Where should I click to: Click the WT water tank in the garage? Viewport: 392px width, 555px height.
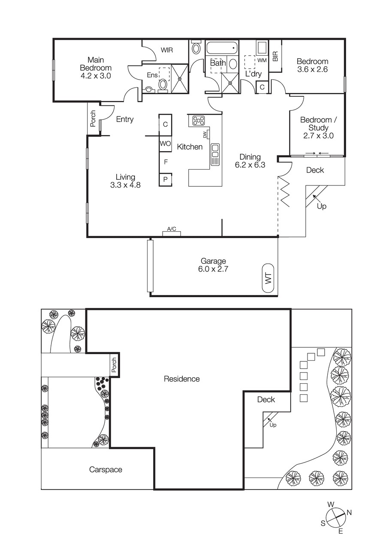[x=268, y=279]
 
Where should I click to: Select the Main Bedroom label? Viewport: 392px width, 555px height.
[x=96, y=68]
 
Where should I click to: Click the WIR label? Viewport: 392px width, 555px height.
[x=167, y=50]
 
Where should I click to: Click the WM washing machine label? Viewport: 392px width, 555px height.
[x=262, y=60]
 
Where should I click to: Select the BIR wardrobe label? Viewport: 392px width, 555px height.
[x=275, y=56]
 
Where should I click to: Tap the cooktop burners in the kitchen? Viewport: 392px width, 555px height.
[x=198, y=120]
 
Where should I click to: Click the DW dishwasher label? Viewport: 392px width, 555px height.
[x=205, y=134]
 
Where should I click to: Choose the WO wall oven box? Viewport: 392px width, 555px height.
[x=166, y=143]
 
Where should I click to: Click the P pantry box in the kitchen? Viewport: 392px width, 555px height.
[x=165, y=179]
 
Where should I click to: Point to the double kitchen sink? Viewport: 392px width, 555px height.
[x=215, y=151]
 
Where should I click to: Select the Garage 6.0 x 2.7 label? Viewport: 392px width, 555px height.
[x=213, y=265]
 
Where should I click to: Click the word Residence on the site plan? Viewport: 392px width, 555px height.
[x=182, y=379]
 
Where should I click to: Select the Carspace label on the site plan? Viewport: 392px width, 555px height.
[x=106, y=469]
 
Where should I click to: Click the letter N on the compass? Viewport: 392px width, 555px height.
[x=349, y=513]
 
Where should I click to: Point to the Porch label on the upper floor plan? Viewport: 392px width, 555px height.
[x=93, y=119]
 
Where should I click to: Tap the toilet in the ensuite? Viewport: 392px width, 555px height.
[x=163, y=84]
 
